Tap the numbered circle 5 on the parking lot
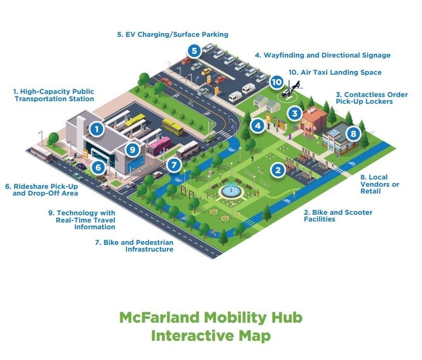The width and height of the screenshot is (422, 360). [194, 51]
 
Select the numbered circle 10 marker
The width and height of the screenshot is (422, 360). [276, 82]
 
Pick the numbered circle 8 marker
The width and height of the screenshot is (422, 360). [353, 133]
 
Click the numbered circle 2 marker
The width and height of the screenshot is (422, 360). [278, 169]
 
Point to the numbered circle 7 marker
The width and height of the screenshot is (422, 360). [174, 165]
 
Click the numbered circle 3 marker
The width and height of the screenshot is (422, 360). [294, 113]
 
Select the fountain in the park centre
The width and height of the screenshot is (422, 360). [231, 189]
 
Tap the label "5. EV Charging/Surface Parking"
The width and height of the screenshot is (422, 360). [173, 35]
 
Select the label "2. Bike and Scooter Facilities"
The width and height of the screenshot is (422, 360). [337, 216]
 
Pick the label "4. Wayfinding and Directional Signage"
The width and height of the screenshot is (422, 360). [322, 55]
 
